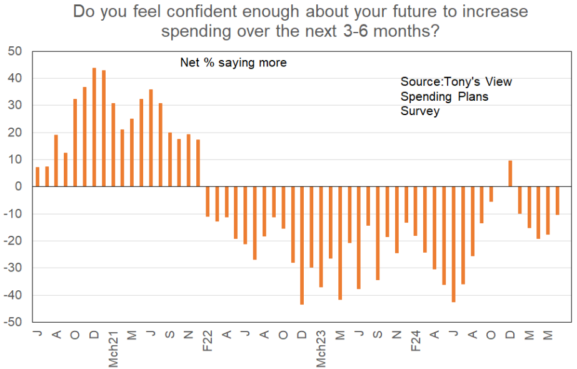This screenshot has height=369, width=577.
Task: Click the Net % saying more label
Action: point(233,63)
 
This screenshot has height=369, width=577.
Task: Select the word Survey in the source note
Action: point(420,111)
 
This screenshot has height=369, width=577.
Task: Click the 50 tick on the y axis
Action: point(14,51)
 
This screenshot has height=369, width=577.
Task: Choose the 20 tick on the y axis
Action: point(14,133)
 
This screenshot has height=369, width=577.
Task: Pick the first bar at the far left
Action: point(38,177)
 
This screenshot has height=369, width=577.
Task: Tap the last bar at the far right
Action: point(558,201)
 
